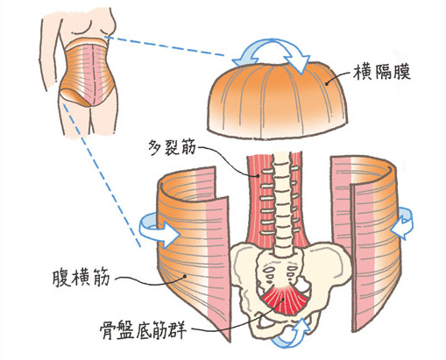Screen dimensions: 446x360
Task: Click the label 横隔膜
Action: click(382, 72)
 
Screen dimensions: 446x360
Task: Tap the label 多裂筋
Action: click(172, 147)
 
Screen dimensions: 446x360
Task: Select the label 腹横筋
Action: click(81, 278)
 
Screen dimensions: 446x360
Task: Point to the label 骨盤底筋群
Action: click(144, 330)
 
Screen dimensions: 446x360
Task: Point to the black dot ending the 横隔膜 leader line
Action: click(327, 84)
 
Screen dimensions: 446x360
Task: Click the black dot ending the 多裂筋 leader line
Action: click(258, 175)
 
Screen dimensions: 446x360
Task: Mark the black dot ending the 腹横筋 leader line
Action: click(184, 275)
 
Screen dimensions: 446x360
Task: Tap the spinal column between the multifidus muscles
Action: click(282, 204)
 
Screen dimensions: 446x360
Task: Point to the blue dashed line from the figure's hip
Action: click(102, 174)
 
